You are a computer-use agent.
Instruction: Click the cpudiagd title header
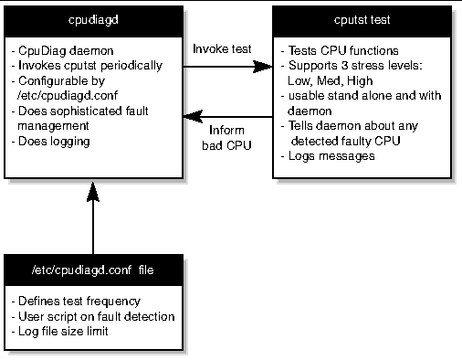pos(92,21)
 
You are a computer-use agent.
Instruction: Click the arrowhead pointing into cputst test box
pos(271,67)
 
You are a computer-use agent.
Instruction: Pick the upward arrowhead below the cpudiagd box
pos(93,189)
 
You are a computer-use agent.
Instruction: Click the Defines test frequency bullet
pos(73,301)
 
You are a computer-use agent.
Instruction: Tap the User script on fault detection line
pos(92,315)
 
